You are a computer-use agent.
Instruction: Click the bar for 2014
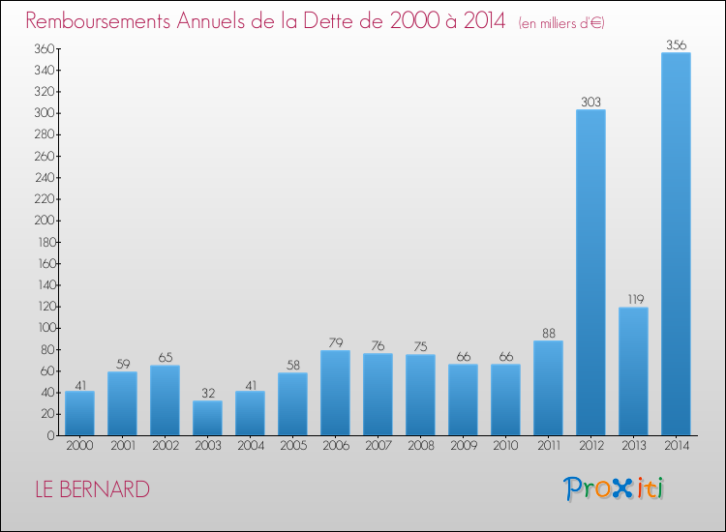[676, 244]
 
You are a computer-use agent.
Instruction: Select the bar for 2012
[590, 273]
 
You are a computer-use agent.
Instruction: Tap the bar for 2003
[207, 418]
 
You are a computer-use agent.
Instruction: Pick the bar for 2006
[335, 393]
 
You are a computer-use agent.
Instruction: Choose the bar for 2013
[633, 371]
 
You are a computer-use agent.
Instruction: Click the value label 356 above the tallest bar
[676, 44]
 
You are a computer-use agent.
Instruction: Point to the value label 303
[590, 102]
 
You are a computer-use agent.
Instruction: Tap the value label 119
[636, 299]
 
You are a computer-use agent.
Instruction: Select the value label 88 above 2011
[549, 333]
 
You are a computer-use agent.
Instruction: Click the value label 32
[208, 393]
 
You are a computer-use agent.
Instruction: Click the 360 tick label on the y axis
[45, 48]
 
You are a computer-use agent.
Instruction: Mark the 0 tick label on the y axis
[51, 435]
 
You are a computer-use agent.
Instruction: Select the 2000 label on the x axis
[79, 445]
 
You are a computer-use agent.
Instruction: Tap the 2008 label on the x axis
[421, 445]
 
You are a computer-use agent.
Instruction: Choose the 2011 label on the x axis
[549, 445]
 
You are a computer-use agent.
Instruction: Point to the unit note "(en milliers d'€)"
[561, 22]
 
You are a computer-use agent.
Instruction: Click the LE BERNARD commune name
[93, 489]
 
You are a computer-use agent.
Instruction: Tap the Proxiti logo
[614, 488]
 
